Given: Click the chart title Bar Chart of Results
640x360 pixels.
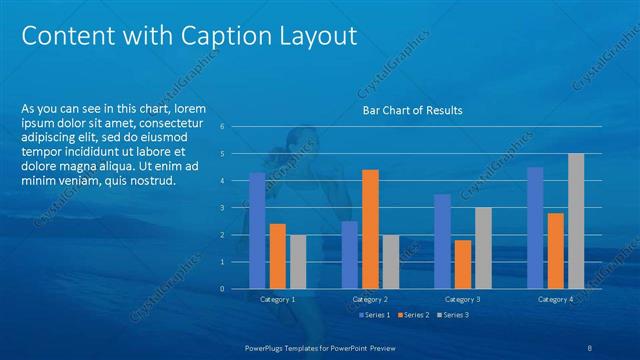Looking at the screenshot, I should (x=412, y=110).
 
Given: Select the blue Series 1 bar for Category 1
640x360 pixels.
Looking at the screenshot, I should (x=257, y=230).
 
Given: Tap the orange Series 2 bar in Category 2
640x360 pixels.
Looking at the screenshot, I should (x=370, y=229).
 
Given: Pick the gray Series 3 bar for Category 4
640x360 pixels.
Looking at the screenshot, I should (x=576, y=221).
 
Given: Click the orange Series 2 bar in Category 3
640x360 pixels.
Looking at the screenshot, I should (x=462, y=264).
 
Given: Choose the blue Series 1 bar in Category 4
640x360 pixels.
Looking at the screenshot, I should (x=535, y=228).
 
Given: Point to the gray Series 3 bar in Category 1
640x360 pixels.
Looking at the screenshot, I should (x=298, y=262).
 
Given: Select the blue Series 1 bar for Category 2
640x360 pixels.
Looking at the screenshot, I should (x=349, y=255).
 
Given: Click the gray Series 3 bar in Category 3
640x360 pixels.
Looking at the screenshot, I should (x=483, y=248).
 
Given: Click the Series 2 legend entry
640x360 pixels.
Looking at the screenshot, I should (x=414, y=315).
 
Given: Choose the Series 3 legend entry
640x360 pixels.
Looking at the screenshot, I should (x=454, y=315).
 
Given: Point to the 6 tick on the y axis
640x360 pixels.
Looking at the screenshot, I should (x=236, y=127).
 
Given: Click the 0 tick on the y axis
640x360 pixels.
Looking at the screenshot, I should (x=236, y=289).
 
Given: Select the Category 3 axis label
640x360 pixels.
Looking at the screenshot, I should (x=462, y=299).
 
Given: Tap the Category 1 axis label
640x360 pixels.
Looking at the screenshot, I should (x=277, y=299).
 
